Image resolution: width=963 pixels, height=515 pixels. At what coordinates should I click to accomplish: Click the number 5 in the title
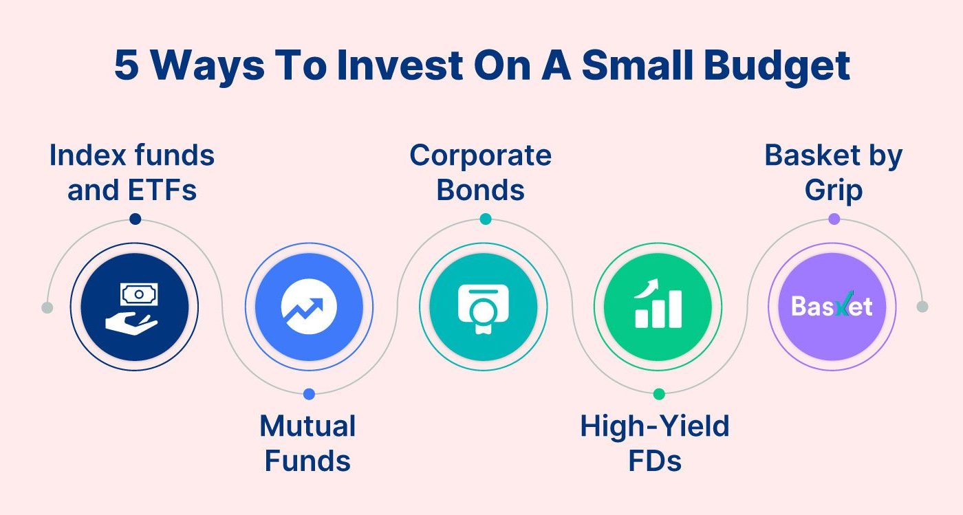click(x=127, y=66)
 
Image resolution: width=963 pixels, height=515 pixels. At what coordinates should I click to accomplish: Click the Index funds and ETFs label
click(x=132, y=173)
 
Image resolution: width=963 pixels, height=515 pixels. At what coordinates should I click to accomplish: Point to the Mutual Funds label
click(x=307, y=443)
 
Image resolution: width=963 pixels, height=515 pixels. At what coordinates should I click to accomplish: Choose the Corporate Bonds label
click(x=481, y=173)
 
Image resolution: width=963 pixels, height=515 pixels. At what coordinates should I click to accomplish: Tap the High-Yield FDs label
click(x=655, y=443)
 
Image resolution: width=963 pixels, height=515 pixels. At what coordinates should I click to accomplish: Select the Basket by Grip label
click(x=833, y=173)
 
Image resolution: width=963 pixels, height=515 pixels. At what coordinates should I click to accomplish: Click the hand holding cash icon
click(x=134, y=307)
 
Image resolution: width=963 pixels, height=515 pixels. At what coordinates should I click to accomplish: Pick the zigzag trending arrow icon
click(x=309, y=307)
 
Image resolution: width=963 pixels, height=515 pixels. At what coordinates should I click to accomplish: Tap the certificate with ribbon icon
click(x=483, y=307)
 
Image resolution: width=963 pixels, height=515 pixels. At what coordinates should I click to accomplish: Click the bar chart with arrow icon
click(x=658, y=307)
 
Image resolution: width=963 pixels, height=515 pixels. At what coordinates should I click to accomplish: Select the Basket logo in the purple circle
click(x=832, y=307)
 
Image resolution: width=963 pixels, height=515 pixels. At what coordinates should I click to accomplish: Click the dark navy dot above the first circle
click(x=135, y=219)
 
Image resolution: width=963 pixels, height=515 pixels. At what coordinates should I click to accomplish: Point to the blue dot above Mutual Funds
click(x=309, y=394)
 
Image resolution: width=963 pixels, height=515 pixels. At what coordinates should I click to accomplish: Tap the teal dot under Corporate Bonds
click(x=485, y=219)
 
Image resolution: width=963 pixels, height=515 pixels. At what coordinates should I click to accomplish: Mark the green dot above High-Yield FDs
click(x=659, y=394)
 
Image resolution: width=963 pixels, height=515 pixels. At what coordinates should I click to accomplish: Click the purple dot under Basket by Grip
click(x=834, y=219)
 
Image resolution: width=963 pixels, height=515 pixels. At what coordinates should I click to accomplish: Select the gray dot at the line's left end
click(x=47, y=307)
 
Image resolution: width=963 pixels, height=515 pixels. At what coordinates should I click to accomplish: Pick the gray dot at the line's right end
click(x=922, y=307)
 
